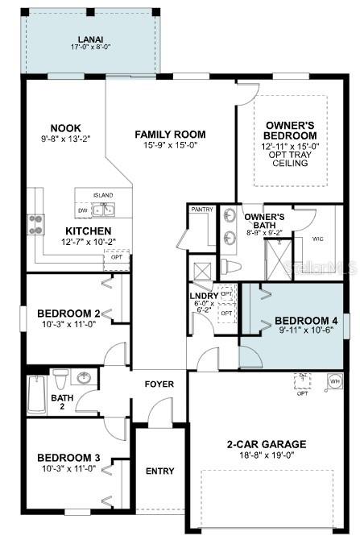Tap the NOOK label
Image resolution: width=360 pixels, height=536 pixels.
(66, 127)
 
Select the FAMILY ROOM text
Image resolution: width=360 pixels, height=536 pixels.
(170, 135)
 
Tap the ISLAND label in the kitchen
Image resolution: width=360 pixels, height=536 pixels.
(102, 195)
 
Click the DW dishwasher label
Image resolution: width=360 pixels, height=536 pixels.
(83, 211)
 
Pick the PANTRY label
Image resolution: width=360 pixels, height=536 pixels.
(201, 210)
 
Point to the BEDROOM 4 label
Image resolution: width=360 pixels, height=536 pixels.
(296, 318)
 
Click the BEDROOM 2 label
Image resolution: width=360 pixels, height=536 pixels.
(68, 313)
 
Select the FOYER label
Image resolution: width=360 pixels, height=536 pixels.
(159, 384)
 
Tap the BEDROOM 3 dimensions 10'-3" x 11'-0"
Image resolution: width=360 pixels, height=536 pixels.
(68, 467)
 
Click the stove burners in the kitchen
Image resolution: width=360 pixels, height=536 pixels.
(36, 223)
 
